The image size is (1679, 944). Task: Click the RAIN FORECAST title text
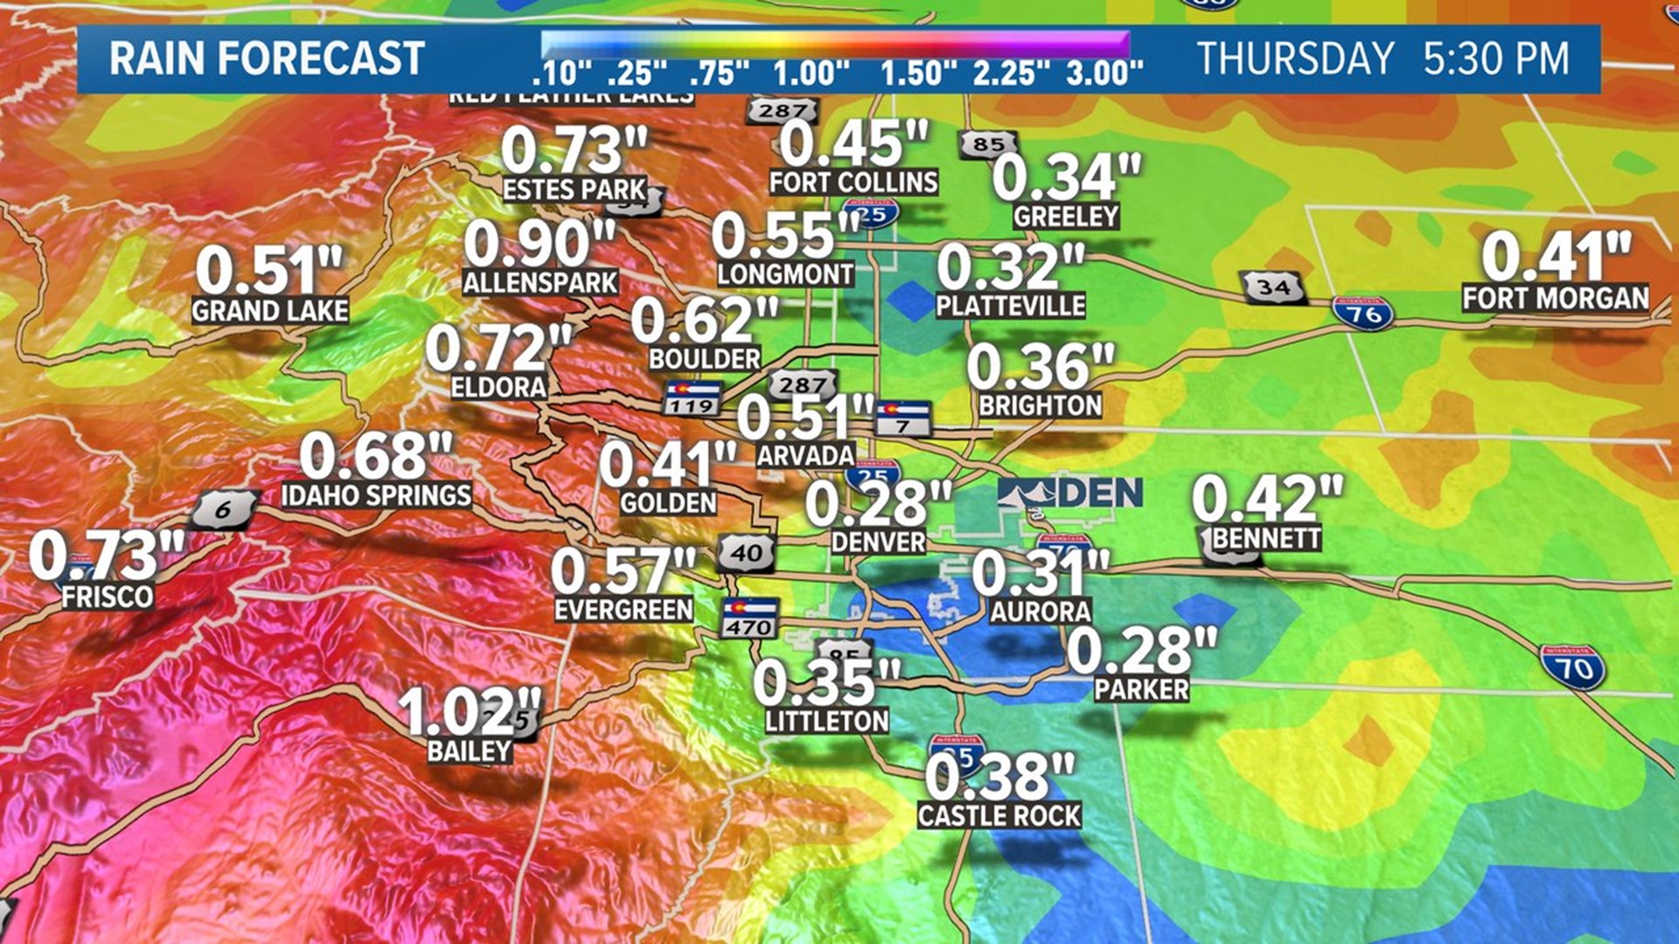(x=267, y=59)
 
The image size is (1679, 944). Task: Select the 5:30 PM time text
(x=1496, y=59)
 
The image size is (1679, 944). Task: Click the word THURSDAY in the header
(x=1295, y=59)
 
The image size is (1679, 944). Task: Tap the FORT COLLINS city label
(x=853, y=182)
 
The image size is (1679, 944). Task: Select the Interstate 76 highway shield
(x=1362, y=312)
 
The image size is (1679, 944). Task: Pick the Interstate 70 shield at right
(x=1573, y=669)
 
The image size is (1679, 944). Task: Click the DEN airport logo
(x=1070, y=494)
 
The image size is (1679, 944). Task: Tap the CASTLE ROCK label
(x=1000, y=816)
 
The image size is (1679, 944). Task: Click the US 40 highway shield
(x=747, y=553)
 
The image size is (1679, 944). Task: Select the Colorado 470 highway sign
(x=749, y=618)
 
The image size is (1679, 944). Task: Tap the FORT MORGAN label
(x=1556, y=298)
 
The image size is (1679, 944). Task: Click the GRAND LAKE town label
(x=270, y=310)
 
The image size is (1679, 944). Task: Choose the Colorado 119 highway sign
(x=692, y=398)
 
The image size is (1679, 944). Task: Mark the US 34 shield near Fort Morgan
(x=1273, y=287)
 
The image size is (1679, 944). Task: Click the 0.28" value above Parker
(x=1141, y=649)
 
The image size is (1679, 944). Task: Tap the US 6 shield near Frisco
(x=224, y=510)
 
